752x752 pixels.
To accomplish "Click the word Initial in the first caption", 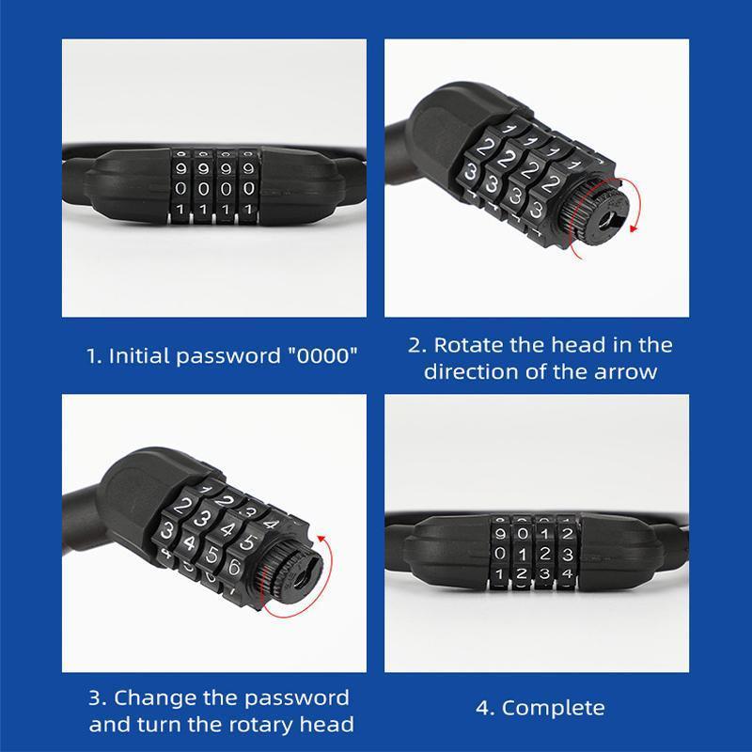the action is click(x=139, y=356).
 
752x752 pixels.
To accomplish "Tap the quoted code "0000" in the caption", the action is click(x=322, y=355).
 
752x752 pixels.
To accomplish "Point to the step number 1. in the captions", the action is click(x=95, y=356).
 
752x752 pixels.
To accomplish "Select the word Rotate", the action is click(x=468, y=345).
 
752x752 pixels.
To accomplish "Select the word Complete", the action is click(x=553, y=709).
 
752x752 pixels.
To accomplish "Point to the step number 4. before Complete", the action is click(x=485, y=709).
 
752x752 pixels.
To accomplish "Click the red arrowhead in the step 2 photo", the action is click(x=634, y=227).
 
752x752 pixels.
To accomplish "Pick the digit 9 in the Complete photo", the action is click(x=500, y=533).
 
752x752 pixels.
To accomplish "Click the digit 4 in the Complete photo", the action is click(x=568, y=573).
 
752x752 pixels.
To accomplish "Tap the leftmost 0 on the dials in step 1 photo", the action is click(x=180, y=189).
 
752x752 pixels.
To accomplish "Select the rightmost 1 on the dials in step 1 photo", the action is click(x=248, y=209).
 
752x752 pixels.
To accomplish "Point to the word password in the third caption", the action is click(x=296, y=698).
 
